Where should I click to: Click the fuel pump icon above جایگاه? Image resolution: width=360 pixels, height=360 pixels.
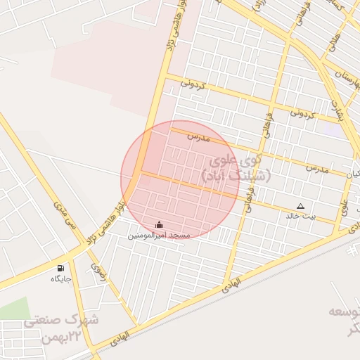pyautogui.click(x=60, y=268)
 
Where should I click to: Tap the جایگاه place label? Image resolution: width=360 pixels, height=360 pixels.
pyautogui.click(x=61, y=279)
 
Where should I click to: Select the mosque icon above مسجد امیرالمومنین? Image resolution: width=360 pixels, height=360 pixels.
pyautogui.click(x=158, y=225)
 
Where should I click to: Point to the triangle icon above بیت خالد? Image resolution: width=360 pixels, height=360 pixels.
pyautogui.click(x=300, y=206)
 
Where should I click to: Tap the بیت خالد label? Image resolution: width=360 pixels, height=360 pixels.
pyautogui.click(x=301, y=216)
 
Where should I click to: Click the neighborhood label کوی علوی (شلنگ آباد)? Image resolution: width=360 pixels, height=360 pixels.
pyautogui.click(x=226, y=169)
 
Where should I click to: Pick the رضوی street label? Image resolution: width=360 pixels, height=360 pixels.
pyautogui.click(x=96, y=271)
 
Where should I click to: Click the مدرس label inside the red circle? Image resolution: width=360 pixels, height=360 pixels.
pyautogui.click(x=199, y=138)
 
